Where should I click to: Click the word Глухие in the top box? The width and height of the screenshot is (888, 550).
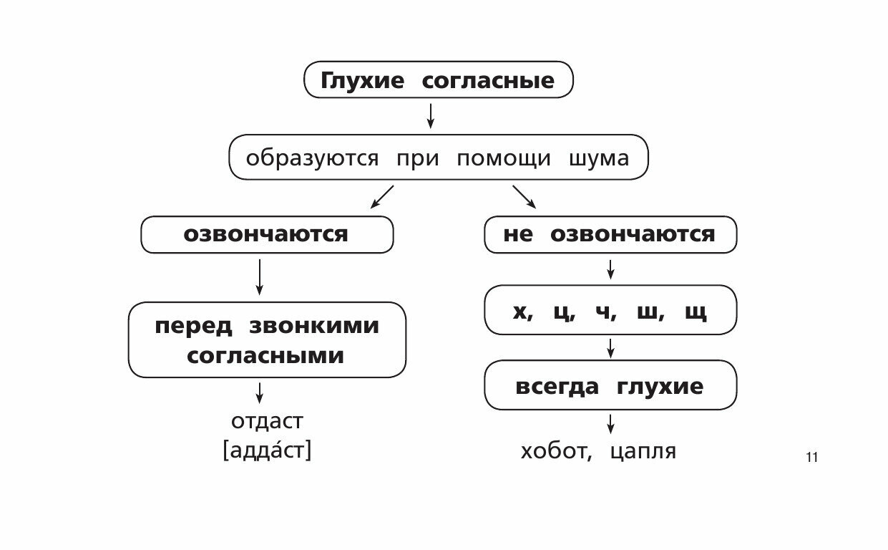tap(361, 80)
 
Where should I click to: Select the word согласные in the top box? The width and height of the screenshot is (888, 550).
tap(488, 80)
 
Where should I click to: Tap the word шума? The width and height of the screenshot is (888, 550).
tap(599, 158)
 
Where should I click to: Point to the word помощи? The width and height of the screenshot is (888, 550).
tap(504, 158)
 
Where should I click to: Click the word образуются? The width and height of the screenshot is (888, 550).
tap(312, 158)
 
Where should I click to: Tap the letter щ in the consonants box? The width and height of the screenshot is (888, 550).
tap(695, 312)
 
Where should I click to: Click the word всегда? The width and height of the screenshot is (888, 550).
tap(557, 387)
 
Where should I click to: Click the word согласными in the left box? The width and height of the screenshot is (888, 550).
tap(265, 356)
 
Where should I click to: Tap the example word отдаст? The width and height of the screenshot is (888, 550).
tap(267, 421)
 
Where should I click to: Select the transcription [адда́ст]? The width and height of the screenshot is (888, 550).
tap(267, 450)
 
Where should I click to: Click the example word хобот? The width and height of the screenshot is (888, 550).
tap(555, 451)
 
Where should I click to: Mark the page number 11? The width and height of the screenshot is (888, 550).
tap(811, 458)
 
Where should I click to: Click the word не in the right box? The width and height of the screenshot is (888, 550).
tap(518, 234)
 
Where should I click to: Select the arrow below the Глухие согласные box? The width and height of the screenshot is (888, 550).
tap(430, 115)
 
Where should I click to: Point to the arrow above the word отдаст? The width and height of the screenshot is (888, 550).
tap(259, 392)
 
